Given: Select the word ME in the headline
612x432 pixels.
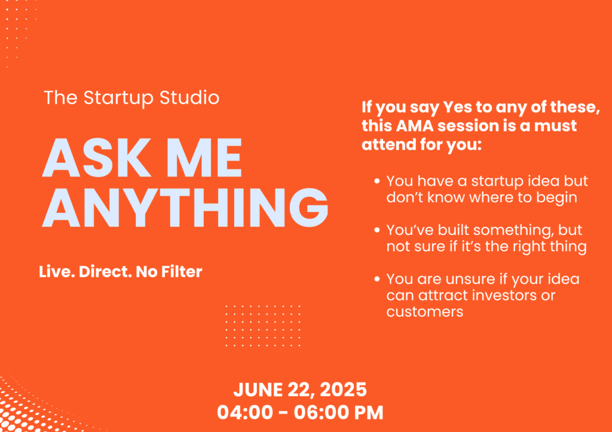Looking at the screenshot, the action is pos(207,158).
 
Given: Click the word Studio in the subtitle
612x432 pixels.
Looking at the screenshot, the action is pos(189,97).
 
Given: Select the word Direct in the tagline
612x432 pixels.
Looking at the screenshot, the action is pos(105,271).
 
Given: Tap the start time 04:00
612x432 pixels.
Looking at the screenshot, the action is pos(244,413).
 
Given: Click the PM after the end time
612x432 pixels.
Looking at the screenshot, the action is pos(369,413).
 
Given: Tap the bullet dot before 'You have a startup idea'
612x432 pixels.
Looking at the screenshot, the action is pos(377,181).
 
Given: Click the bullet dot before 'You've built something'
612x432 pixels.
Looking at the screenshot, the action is pos(377,230).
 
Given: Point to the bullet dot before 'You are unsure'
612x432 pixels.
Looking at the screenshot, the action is pos(377,279).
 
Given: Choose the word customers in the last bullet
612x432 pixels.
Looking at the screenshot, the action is pos(425,312).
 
